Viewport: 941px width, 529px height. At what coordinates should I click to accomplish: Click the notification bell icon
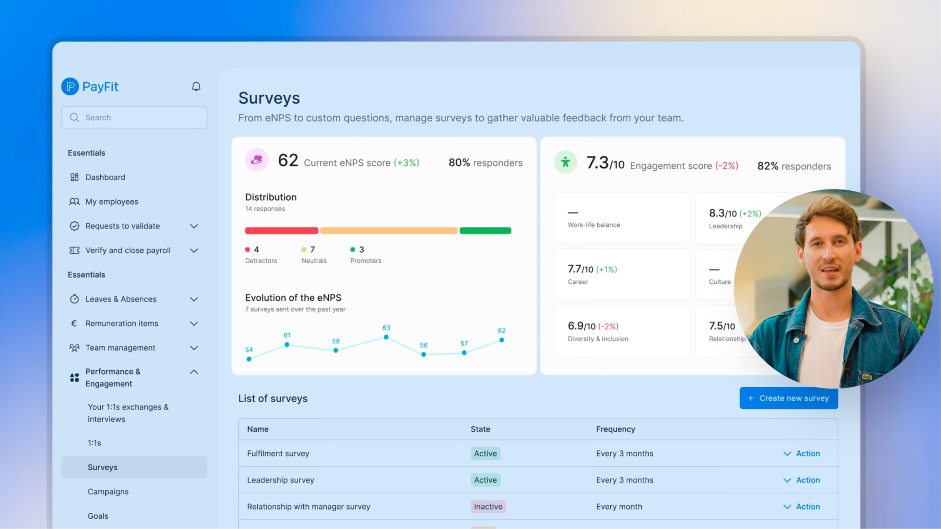click(196, 87)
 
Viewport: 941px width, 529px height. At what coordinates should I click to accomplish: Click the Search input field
click(134, 117)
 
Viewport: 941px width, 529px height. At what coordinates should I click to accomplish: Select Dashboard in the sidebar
click(105, 177)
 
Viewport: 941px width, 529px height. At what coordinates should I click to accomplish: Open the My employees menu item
click(111, 201)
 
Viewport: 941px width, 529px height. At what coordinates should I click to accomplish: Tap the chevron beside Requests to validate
click(194, 226)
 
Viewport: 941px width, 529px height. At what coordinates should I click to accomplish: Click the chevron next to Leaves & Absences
click(194, 299)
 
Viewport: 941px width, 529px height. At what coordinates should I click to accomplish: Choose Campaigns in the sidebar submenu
click(108, 492)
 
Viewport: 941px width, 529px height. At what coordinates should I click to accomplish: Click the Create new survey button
click(789, 398)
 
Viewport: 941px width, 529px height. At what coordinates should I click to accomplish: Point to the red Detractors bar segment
click(282, 231)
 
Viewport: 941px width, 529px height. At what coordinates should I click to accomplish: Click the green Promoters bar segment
click(485, 231)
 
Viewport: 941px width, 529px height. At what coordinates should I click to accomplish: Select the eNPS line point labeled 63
click(386, 337)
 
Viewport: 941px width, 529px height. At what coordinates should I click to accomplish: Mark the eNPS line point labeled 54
click(249, 359)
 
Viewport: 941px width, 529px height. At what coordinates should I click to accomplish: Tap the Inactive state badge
click(488, 506)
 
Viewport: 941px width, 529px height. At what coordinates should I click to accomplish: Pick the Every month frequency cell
click(619, 506)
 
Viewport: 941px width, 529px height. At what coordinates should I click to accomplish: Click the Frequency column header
click(615, 429)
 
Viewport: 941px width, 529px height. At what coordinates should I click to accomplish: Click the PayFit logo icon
click(70, 87)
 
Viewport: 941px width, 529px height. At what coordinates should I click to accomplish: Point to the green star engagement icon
click(565, 162)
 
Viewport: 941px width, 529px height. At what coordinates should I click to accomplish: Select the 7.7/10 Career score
click(580, 269)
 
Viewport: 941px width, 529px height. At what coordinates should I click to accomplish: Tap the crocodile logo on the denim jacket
click(866, 377)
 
